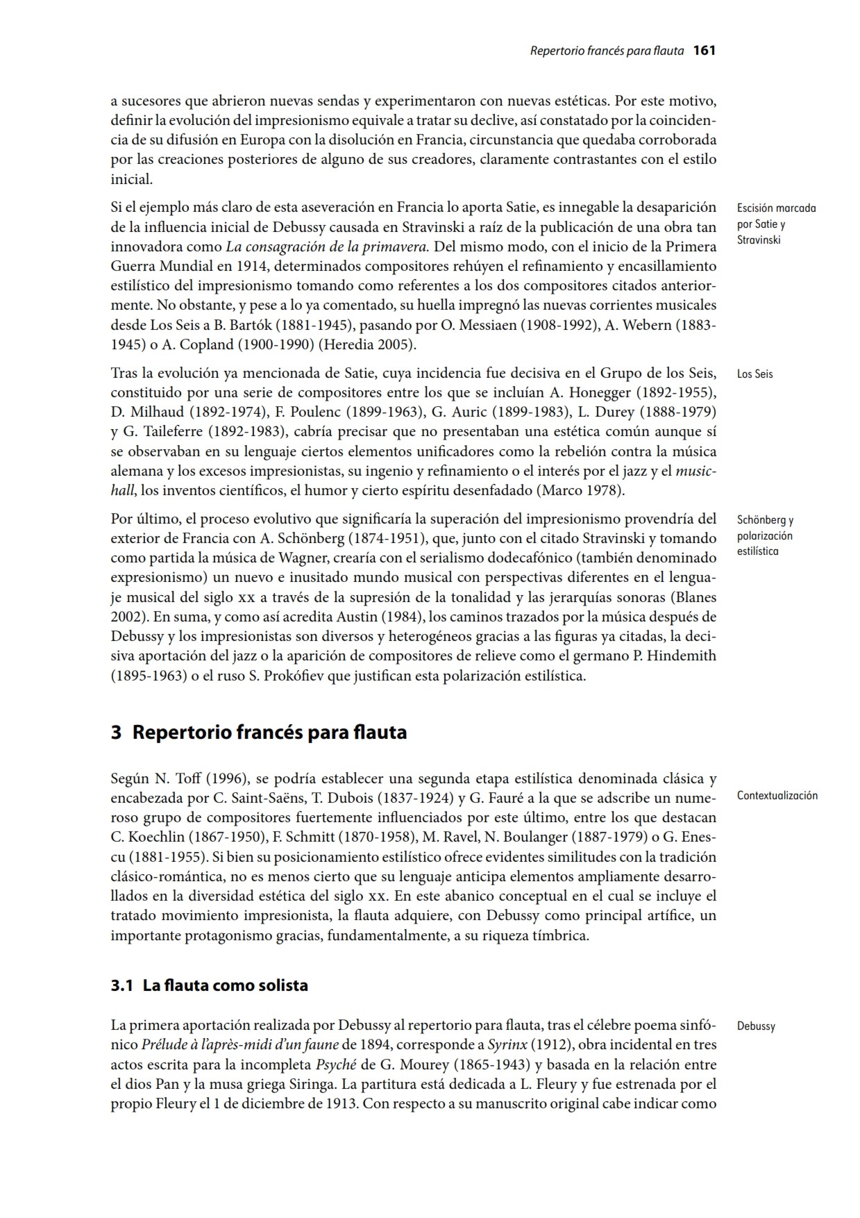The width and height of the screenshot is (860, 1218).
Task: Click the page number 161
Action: click(x=704, y=51)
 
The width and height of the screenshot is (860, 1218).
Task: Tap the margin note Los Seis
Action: click(x=754, y=374)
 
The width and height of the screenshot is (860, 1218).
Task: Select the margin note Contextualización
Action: click(x=777, y=796)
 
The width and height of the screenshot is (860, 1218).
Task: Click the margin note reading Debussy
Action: click(x=756, y=1026)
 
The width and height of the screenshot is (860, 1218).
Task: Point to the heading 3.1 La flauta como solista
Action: click(x=209, y=985)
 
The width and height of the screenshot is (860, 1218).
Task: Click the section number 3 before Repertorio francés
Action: click(x=117, y=733)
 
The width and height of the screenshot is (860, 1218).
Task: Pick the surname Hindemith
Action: click(x=682, y=656)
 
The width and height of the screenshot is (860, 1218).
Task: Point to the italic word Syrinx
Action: click(x=506, y=1044)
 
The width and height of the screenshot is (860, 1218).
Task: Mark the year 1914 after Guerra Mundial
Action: click(x=234, y=266)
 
